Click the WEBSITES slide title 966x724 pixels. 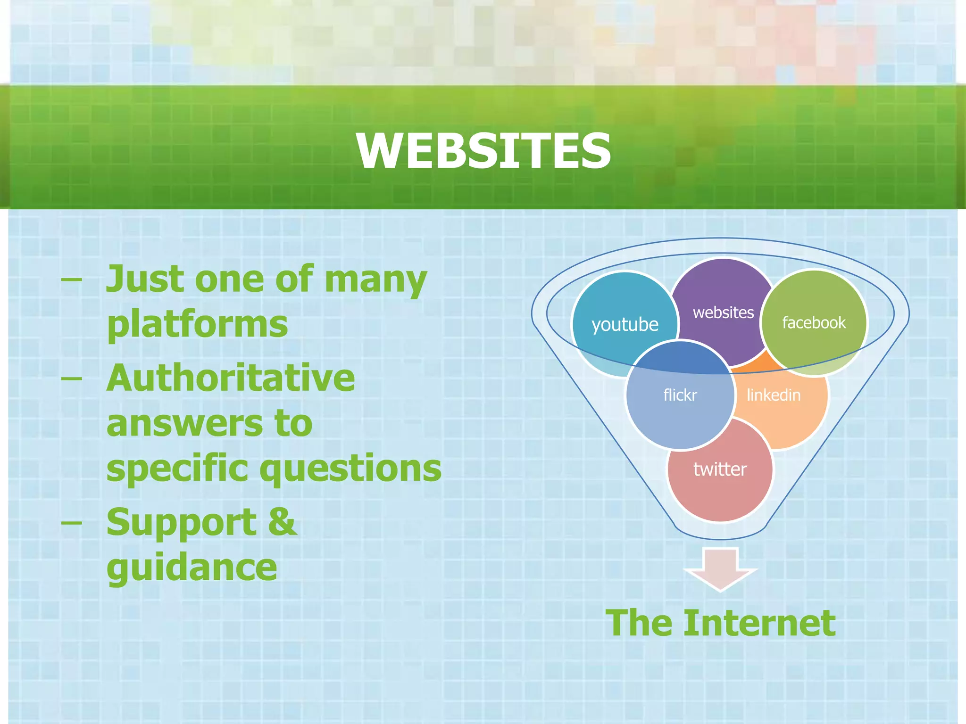[x=483, y=151]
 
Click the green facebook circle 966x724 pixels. [x=814, y=323]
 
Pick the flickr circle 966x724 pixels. [x=680, y=395]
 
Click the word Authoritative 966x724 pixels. [x=231, y=378]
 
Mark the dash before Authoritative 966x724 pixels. [x=72, y=378]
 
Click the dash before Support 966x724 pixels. [x=72, y=522]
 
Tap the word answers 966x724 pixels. [x=183, y=423]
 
